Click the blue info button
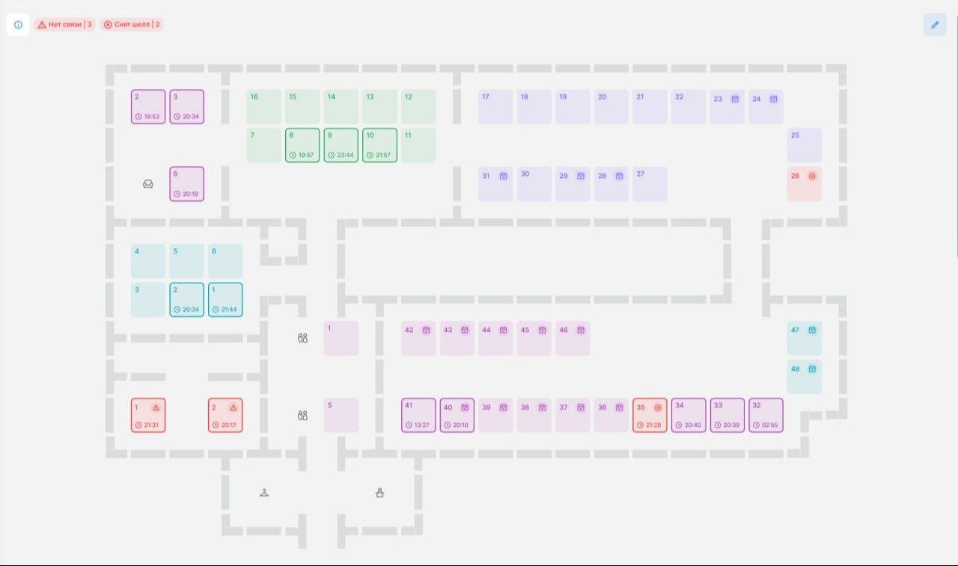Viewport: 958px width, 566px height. [x=18, y=25]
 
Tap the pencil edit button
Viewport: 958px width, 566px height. [x=935, y=25]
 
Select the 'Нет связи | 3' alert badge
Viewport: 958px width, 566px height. [x=65, y=25]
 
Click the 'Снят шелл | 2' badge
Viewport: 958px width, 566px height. [x=132, y=25]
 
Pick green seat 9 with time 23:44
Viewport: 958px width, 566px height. [x=341, y=145]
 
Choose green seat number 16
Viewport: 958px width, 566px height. [x=264, y=107]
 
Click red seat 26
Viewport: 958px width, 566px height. [x=805, y=184]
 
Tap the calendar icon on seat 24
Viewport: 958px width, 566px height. [x=774, y=99]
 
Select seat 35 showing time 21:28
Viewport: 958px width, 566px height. [x=650, y=415]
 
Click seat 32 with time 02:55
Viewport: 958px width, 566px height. [x=766, y=415]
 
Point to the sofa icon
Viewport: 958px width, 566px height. [x=148, y=184]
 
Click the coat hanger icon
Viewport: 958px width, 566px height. [x=264, y=493]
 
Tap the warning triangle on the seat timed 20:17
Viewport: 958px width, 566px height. [x=233, y=407]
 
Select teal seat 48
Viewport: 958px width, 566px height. [x=805, y=377]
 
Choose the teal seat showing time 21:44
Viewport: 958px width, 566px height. [x=225, y=300]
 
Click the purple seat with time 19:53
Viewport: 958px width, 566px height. [x=148, y=107]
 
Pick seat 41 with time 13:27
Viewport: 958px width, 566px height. [x=418, y=415]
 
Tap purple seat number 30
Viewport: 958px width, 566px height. [x=534, y=184]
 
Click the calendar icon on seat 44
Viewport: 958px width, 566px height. [x=504, y=330]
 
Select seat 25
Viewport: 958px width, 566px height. [x=805, y=145]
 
